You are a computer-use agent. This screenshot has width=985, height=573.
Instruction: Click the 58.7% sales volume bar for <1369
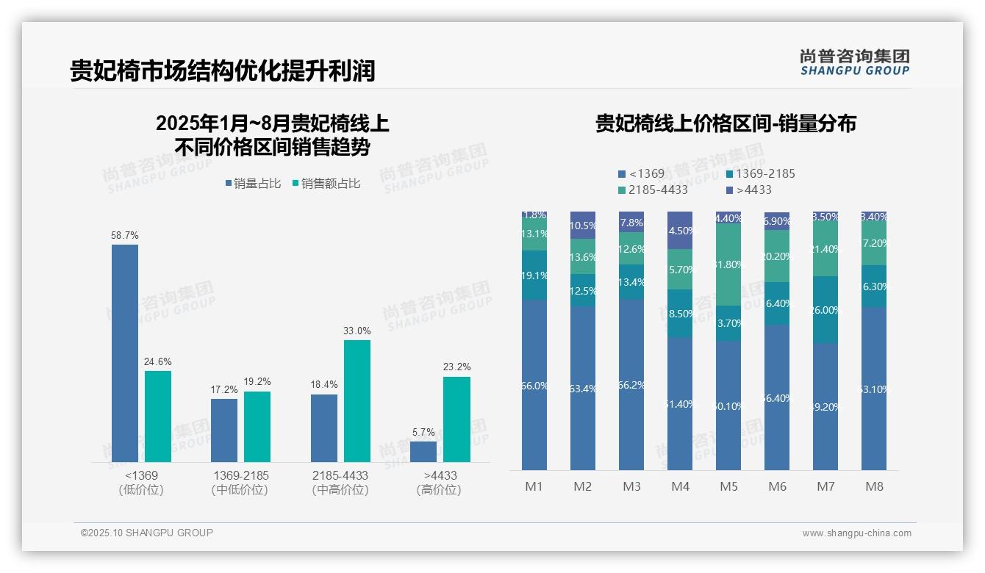[125, 353]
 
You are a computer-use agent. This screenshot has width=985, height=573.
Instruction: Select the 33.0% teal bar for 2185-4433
[357, 400]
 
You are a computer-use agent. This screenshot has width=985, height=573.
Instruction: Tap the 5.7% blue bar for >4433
[423, 451]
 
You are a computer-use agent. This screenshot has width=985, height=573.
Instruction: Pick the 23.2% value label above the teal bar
[457, 367]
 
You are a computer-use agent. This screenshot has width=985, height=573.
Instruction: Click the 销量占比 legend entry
[252, 184]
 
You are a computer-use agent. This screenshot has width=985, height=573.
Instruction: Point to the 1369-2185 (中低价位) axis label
[240, 483]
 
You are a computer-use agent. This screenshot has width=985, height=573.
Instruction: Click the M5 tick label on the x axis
[728, 486]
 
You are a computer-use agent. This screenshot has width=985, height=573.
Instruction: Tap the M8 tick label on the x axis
[874, 486]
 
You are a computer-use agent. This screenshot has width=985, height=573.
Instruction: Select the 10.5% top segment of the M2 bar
[583, 226]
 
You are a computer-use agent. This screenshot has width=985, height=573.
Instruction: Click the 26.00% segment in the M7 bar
[825, 310]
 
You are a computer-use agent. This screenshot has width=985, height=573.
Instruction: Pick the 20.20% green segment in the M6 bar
[777, 256]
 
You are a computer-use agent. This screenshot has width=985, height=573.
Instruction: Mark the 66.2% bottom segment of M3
[631, 384]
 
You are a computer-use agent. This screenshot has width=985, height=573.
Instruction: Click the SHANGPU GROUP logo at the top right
[854, 62]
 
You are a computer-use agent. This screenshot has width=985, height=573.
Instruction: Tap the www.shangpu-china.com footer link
[856, 533]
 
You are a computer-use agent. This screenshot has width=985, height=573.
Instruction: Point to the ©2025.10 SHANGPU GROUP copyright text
[147, 533]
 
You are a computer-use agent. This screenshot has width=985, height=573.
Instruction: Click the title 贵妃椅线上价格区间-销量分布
[726, 123]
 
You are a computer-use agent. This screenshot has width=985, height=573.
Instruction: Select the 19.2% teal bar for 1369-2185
[257, 426]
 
